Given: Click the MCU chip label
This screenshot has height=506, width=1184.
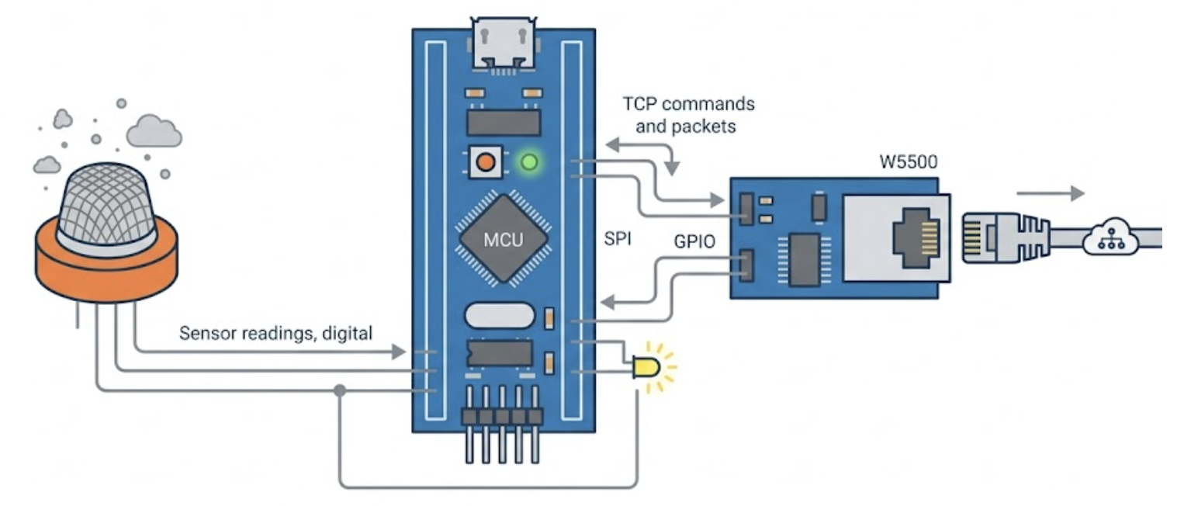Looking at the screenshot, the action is click(x=504, y=240).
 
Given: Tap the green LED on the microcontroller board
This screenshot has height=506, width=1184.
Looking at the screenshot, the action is click(x=529, y=161).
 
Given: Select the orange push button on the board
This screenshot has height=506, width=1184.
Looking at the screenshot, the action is click(x=485, y=161).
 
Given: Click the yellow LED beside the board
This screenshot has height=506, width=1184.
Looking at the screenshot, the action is click(x=646, y=367).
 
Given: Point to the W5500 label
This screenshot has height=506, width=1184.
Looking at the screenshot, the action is click(x=908, y=161).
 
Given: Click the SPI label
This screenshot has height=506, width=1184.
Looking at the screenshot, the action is click(x=618, y=239).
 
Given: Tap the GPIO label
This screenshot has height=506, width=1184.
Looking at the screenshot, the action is click(x=694, y=241).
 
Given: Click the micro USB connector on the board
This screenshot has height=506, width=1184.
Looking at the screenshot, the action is click(x=504, y=44).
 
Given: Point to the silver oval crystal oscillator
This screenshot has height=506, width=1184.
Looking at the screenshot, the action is click(x=500, y=315).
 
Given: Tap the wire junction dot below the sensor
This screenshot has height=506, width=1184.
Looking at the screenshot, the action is click(x=340, y=390).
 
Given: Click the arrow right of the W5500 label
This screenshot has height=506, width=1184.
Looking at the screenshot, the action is click(x=1051, y=193).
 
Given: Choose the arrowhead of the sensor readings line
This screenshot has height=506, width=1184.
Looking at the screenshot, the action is click(x=399, y=352).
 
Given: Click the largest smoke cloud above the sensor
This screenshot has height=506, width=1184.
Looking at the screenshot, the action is click(x=154, y=131).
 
